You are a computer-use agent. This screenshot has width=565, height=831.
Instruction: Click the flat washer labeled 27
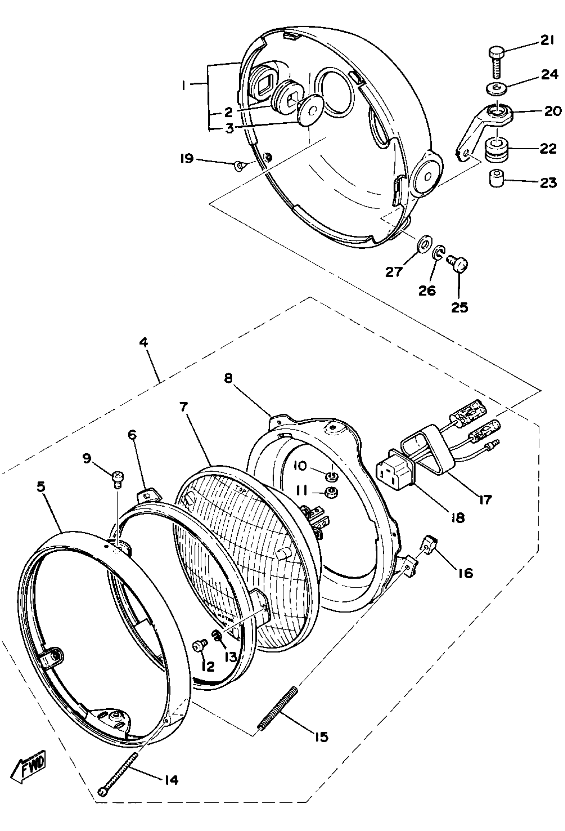424,244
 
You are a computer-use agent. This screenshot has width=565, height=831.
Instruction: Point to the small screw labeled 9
117,479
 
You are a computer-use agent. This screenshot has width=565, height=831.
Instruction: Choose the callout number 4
144,342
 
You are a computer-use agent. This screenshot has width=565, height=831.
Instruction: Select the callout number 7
184,407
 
